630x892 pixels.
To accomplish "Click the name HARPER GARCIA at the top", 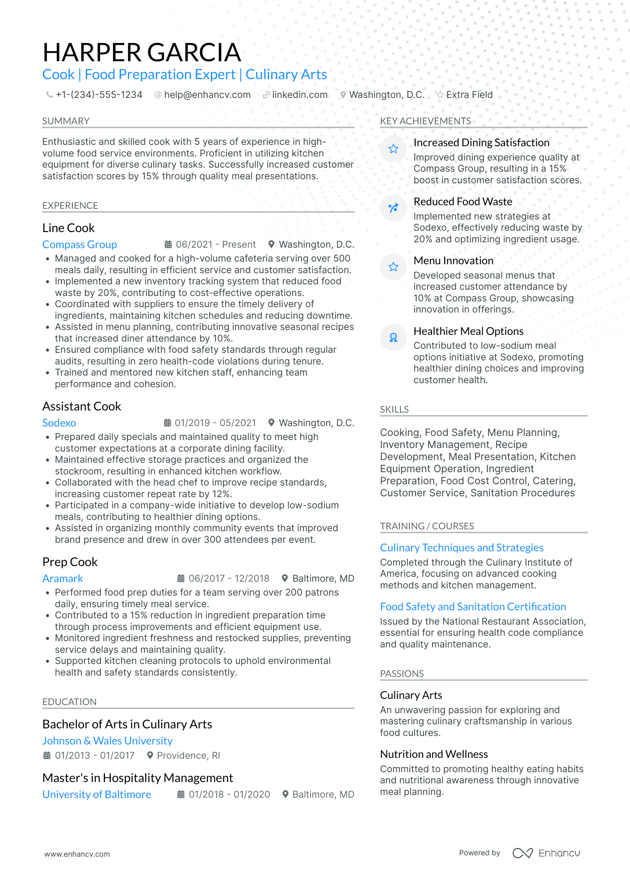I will pyautogui.click(x=142, y=52).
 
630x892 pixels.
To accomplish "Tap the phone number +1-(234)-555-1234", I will pyautogui.click(x=99, y=95).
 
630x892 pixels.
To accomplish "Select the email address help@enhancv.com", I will pyautogui.click(x=207, y=95).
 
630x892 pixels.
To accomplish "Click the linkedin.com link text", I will pyautogui.click(x=299, y=95).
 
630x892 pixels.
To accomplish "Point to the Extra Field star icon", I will pyautogui.click(x=440, y=95).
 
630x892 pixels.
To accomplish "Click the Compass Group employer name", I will pyautogui.click(x=80, y=245).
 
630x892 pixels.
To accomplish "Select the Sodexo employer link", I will pyautogui.click(x=59, y=423).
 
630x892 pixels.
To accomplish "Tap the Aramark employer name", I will pyautogui.click(x=63, y=579).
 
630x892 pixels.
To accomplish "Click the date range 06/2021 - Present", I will pyautogui.click(x=215, y=245).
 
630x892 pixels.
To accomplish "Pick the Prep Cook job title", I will pyautogui.click(x=70, y=562).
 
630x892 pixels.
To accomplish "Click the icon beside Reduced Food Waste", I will pyautogui.click(x=393, y=208).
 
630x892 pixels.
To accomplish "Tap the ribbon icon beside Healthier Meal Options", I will pyautogui.click(x=393, y=338).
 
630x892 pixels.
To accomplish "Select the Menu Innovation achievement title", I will pyautogui.click(x=453, y=261).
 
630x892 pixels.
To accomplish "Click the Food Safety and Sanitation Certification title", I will pyautogui.click(x=473, y=607).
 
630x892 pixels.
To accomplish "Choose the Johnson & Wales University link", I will pyautogui.click(x=107, y=741).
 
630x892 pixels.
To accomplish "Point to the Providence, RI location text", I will pyautogui.click(x=188, y=756).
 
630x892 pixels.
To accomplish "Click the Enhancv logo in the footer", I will pyautogui.click(x=546, y=853).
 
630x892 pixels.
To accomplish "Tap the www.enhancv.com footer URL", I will pyautogui.click(x=77, y=854).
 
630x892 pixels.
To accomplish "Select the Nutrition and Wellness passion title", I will pyautogui.click(x=434, y=754).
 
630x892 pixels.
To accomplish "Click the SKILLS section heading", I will pyautogui.click(x=394, y=410).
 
